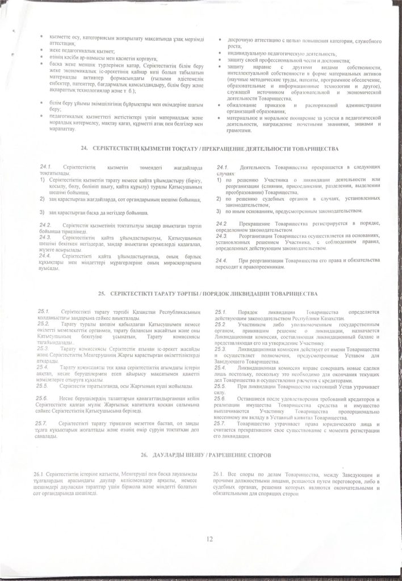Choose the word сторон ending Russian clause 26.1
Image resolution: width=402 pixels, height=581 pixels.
coord(290,494)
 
